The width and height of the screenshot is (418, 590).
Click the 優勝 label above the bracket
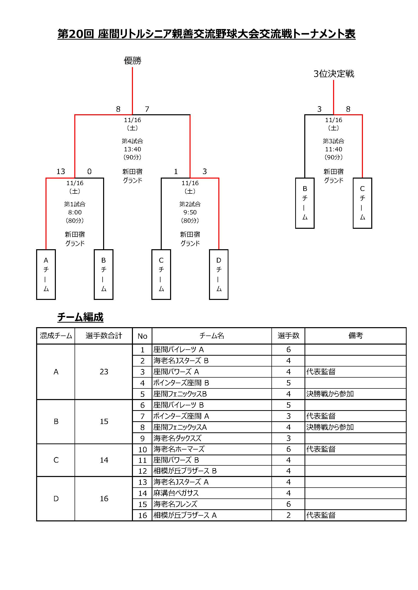[x=133, y=61]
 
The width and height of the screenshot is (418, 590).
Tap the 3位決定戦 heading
[x=334, y=74]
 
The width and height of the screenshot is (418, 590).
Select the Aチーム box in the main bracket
[x=46, y=274]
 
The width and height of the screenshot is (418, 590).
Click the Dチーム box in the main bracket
[x=219, y=274]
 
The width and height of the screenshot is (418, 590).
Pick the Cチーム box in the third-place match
[x=362, y=203]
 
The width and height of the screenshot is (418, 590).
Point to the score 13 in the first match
[x=61, y=171]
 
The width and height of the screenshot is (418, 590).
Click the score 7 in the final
[x=147, y=109]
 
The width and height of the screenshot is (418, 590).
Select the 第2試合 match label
[x=190, y=204]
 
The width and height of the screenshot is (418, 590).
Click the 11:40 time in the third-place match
[x=334, y=149]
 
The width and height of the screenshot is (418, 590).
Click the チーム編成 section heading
[x=80, y=317]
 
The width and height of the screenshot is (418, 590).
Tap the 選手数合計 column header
[x=103, y=335]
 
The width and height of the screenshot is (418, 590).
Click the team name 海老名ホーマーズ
[x=179, y=449]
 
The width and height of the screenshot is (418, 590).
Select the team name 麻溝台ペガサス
[x=176, y=493]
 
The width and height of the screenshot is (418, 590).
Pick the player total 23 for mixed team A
[x=104, y=372]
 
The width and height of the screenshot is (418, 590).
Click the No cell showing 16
[x=142, y=515]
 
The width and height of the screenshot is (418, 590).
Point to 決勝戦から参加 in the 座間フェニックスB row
[x=330, y=394]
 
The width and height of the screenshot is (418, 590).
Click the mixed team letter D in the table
[x=56, y=498]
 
